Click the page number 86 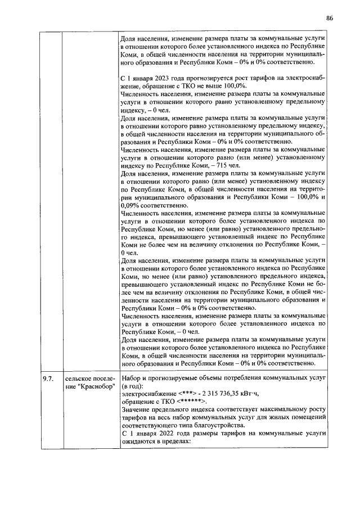[329, 18]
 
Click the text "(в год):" [135, 386]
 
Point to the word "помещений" [309, 417]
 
